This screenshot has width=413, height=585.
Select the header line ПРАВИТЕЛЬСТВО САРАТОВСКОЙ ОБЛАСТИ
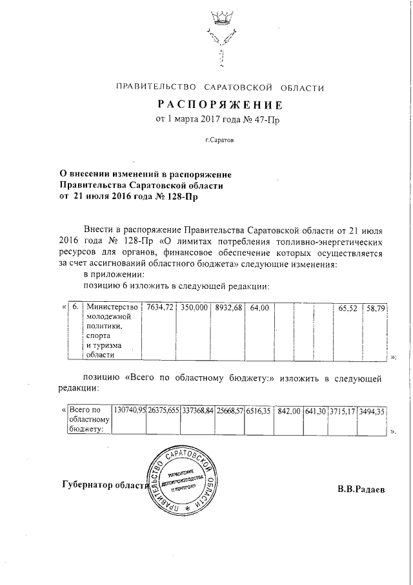pyautogui.click(x=219, y=87)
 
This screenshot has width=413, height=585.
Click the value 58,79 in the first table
pyautogui.click(x=375, y=308)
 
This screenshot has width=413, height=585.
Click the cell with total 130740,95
pyautogui.click(x=129, y=410)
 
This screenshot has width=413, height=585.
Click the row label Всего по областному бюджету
pyautogui.click(x=90, y=419)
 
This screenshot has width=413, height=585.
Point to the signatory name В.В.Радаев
pyautogui.click(x=361, y=489)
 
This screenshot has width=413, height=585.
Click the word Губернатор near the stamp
pyautogui.click(x=88, y=485)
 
